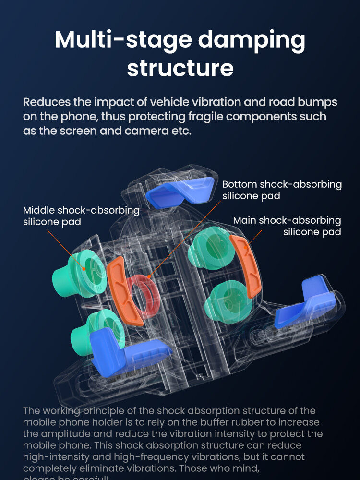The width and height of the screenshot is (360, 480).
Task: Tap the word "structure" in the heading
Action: click(x=180, y=68)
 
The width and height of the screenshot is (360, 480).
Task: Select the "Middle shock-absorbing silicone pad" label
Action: click(x=81, y=216)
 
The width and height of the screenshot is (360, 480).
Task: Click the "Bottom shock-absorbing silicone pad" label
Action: click(x=282, y=190)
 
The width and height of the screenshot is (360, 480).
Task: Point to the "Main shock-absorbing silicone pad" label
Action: click(x=287, y=226)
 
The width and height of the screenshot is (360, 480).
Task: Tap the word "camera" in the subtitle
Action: click(x=141, y=131)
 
